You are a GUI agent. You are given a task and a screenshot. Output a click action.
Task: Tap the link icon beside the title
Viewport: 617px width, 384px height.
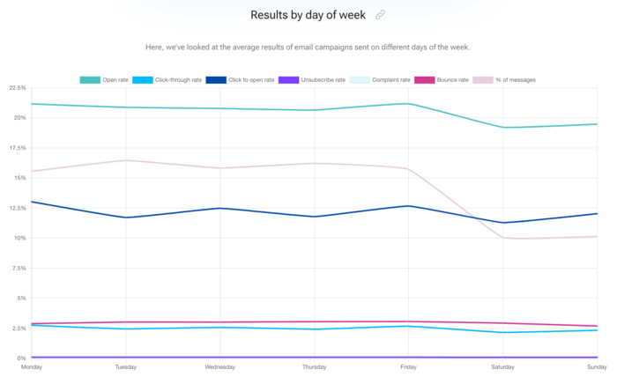pos(380,15)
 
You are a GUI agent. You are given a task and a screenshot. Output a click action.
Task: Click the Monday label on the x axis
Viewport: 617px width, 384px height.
pos(32,367)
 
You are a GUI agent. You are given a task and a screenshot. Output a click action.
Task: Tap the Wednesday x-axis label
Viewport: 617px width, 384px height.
pos(219,367)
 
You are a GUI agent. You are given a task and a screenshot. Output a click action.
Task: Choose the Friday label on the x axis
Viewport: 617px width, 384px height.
pos(408,367)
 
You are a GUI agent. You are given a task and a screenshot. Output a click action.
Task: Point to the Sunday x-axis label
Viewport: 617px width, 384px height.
pos(597,367)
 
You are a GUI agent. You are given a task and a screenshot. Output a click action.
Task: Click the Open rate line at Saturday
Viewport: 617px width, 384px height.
pos(502,127)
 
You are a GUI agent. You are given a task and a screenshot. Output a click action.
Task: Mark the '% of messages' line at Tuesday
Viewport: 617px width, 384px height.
pos(126,160)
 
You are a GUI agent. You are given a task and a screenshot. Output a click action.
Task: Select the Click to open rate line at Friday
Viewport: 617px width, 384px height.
pos(408,206)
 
